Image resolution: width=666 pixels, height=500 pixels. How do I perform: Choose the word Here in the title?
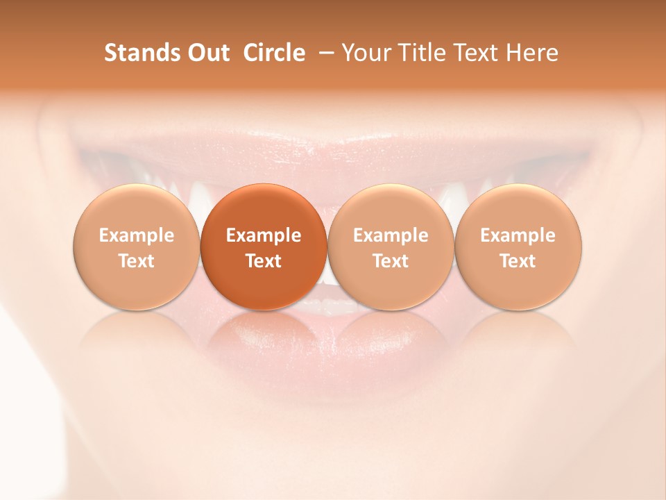[533, 53]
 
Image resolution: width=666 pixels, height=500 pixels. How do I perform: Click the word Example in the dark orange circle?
[264, 235]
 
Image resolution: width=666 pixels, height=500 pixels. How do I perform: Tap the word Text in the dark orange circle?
[264, 261]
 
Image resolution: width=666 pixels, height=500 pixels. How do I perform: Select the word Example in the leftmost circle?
[137, 235]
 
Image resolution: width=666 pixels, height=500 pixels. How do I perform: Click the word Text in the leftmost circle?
[137, 261]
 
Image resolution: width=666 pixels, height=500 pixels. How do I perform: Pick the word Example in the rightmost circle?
[518, 235]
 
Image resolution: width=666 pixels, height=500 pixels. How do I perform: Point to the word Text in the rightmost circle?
[518, 261]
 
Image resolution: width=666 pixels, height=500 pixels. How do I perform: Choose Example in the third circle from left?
[391, 235]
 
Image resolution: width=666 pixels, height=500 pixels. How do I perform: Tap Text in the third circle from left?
[391, 261]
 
